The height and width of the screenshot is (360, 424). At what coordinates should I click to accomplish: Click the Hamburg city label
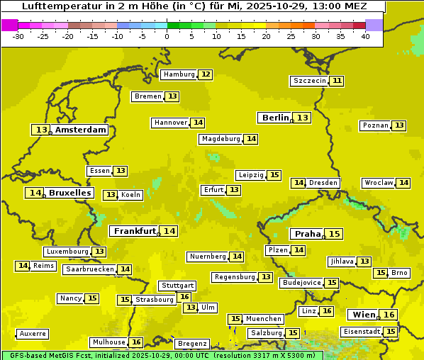pyautogui.click(x=179, y=74)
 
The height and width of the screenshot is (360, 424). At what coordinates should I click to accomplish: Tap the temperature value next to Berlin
pyautogui.click(x=303, y=118)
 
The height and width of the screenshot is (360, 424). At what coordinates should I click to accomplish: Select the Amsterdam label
pyautogui.click(x=81, y=130)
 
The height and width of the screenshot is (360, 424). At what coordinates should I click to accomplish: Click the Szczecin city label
pyautogui.click(x=309, y=81)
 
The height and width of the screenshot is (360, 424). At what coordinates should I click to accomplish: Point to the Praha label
pyautogui.click(x=308, y=234)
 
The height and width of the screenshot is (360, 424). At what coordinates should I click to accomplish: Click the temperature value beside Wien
pyautogui.click(x=389, y=315)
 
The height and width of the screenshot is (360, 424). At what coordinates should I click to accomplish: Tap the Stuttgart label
pyautogui.click(x=177, y=286)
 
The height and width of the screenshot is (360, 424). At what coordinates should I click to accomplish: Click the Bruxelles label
pyautogui.click(x=69, y=193)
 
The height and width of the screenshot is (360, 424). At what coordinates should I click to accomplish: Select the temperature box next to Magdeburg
pyautogui.click(x=251, y=139)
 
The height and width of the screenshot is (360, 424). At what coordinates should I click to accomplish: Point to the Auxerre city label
pyautogui.click(x=33, y=333)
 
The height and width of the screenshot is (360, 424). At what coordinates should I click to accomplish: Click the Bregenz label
pyautogui.click(x=191, y=344)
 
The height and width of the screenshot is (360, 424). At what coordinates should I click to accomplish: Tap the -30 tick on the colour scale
pyautogui.click(x=18, y=35)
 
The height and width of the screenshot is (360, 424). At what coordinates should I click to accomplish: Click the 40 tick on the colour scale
pyautogui.click(x=364, y=35)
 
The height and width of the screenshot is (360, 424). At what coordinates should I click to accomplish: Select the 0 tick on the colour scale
pyautogui.click(x=167, y=35)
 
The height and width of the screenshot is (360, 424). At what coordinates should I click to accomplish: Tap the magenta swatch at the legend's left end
pyautogui.click(x=9, y=25)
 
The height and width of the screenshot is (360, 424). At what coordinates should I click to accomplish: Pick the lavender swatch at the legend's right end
pyautogui.click(x=374, y=25)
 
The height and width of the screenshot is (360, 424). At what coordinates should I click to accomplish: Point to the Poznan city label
pyautogui.click(x=375, y=125)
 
